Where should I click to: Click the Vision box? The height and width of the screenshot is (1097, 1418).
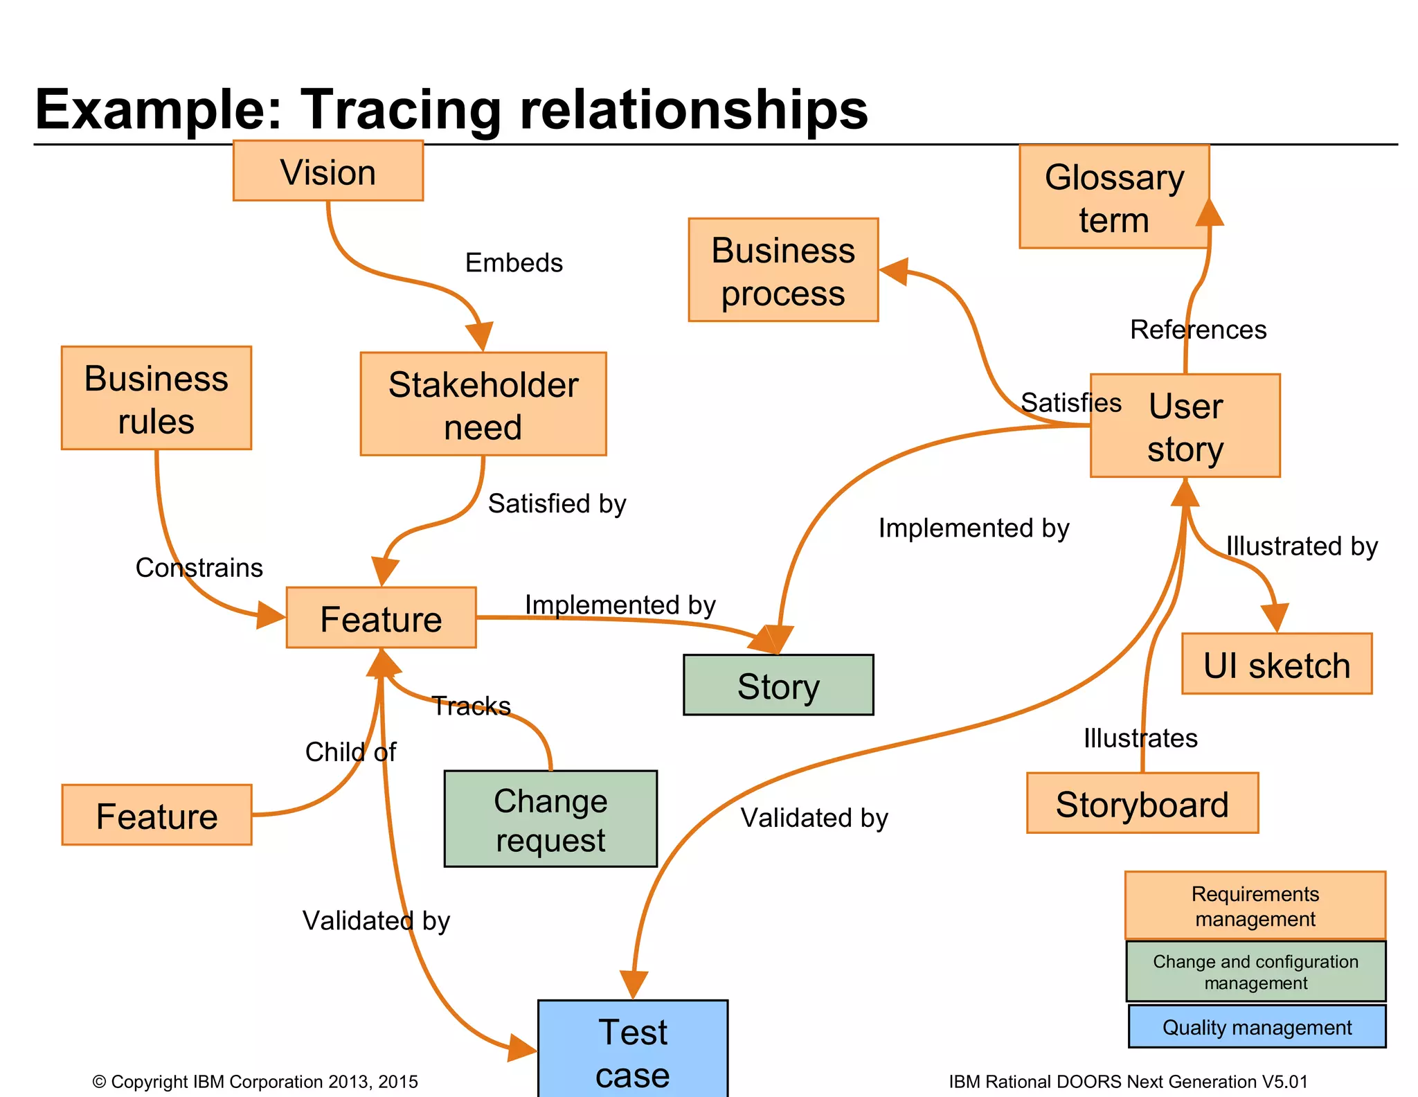(x=327, y=171)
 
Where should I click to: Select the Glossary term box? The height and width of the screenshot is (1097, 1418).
(x=1113, y=197)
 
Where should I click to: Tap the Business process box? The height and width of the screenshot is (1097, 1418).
(x=782, y=270)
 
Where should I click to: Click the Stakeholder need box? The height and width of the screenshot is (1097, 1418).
(x=483, y=404)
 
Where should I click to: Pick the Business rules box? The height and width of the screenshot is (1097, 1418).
(x=156, y=398)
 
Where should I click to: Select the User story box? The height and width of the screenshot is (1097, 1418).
(x=1185, y=426)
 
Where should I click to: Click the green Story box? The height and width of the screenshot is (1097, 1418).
(x=778, y=685)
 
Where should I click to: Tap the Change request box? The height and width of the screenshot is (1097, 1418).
(x=550, y=819)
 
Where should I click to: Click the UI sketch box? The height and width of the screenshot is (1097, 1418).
(x=1276, y=664)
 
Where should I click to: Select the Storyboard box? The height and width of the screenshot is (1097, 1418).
(x=1142, y=803)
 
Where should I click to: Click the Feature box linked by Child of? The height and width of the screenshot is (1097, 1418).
(x=156, y=815)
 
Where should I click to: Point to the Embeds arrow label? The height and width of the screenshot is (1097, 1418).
(x=514, y=263)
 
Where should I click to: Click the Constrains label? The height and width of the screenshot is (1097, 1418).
(x=199, y=568)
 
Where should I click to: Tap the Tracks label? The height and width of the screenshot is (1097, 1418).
(x=472, y=706)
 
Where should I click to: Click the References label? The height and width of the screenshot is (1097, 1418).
(x=1198, y=330)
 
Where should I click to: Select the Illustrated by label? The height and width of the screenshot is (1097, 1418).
(x=1301, y=546)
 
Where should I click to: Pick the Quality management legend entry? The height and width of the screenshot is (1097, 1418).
(x=1256, y=1027)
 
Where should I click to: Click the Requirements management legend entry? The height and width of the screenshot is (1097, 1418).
(x=1255, y=906)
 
